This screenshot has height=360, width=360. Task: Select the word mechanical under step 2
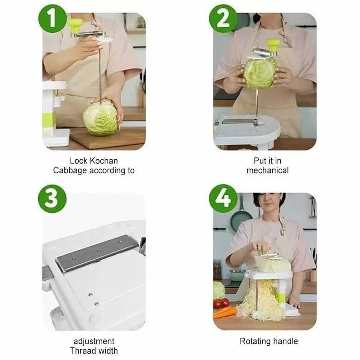(x=267, y=171)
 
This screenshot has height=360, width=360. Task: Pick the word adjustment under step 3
(x=94, y=341)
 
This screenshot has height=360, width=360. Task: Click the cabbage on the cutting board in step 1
(x=100, y=117)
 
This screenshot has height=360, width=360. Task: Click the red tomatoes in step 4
(x=221, y=303)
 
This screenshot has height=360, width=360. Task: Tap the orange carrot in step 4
(x=225, y=312)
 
